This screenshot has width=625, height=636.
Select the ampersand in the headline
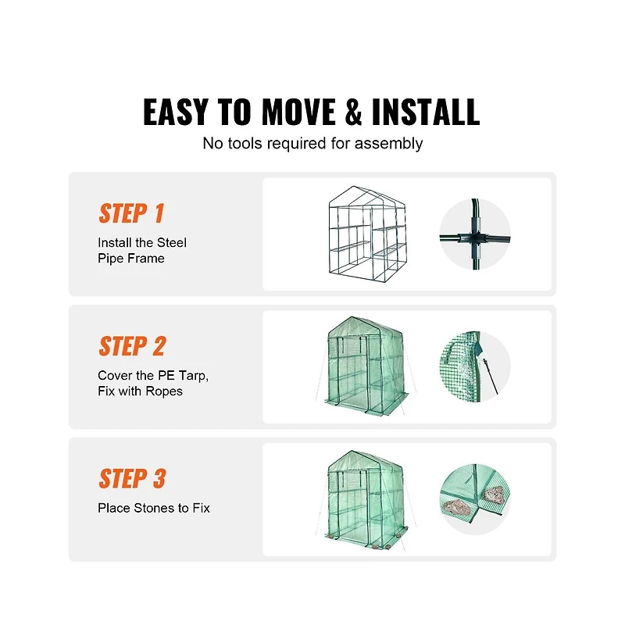click(x=353, y=113)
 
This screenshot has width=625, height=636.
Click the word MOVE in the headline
click(x=297, y=113)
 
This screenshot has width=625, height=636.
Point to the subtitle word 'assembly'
click(x=388, y=144)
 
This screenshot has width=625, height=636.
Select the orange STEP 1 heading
click(x=131, y=213)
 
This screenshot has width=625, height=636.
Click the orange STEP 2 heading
click(x=132, y=346)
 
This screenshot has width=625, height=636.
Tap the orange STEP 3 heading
click(x=132, y=479)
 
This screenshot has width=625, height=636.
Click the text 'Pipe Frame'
click(x=131, y=259)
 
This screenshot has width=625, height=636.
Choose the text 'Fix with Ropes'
click(x=140, y=391)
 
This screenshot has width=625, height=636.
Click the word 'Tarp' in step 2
click(x=191, y=375)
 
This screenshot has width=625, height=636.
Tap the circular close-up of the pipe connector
click(x=475, y=234)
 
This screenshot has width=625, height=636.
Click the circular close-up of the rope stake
click(x=475, y=367)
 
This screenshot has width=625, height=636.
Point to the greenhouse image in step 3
click(x=365, y=499)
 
